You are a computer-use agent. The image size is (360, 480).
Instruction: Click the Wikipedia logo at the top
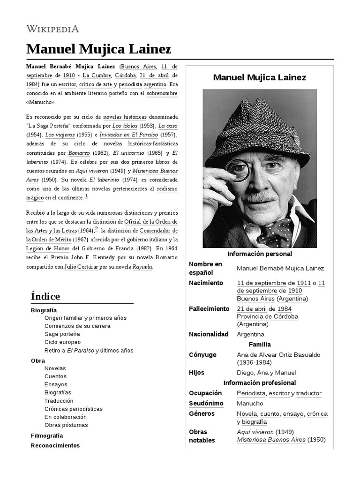coord(52,29)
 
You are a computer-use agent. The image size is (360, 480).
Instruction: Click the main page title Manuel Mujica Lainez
coord(98,49)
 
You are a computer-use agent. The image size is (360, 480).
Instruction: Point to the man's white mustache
coord(262,196)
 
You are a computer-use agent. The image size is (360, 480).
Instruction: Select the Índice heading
coord(45,296)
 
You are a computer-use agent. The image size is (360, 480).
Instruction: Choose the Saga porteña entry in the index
coord(62,334)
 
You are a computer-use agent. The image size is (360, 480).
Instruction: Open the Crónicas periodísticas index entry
coord(73,409)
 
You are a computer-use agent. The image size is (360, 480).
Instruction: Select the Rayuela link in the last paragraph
coord(142,267)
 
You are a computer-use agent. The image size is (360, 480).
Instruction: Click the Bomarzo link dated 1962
coord(79,153)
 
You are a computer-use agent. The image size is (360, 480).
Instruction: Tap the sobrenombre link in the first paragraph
coord(162,93)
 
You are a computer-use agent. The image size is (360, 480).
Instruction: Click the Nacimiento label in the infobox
coord(206,283)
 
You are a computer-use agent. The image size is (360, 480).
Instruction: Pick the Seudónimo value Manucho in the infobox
coord(250,404)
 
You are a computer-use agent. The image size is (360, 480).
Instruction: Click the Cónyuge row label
coord(202,355)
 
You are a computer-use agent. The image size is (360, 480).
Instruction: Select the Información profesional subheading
coord(259,383)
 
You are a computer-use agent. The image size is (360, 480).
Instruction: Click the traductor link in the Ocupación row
coord(309,393)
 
